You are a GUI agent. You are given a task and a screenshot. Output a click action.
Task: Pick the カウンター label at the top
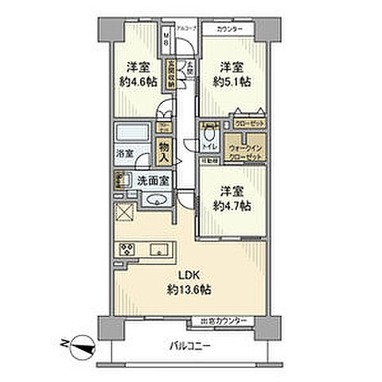click(x=228, y=30)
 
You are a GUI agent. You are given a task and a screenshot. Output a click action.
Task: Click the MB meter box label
click(x=166, y=38)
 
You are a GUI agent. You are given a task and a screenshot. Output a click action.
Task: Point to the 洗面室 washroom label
click(x=151, y=181)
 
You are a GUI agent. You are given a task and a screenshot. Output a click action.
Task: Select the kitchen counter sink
click(x=158, y=248)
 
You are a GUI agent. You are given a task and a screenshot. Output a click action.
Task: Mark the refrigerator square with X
click(x=123, y=212)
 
